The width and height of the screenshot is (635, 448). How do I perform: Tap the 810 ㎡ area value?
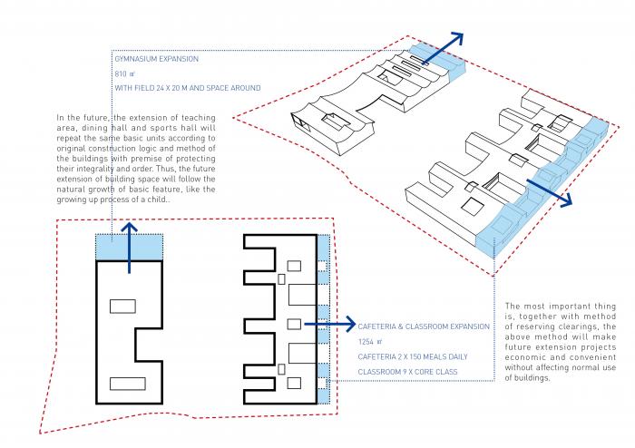click(x=123, y=73)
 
